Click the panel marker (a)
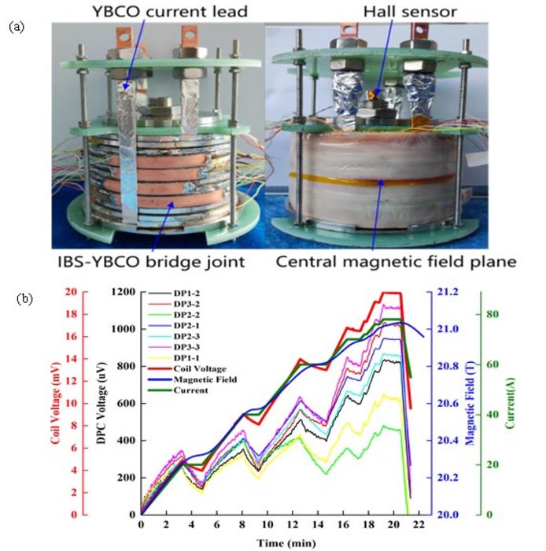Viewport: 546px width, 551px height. coord(17,26)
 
